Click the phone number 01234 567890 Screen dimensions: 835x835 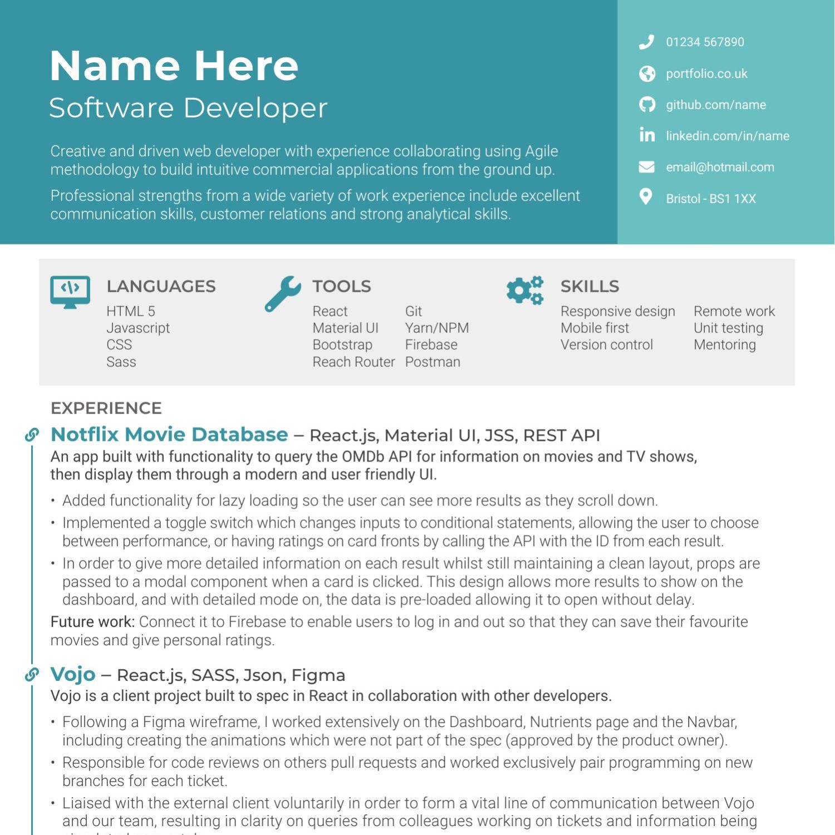[705, 42]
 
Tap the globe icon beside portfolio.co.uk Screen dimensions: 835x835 [647, 73]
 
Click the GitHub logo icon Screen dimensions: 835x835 [647, 105]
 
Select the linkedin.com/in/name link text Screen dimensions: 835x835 [727, 136]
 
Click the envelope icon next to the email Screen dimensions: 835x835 [646, 167]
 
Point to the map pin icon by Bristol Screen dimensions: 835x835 [646, 197]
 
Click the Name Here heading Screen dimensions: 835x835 [174, 66]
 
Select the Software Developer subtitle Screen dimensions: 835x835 [188, 108]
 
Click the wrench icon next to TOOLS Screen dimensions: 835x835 [283, 293]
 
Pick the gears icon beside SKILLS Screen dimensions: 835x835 [524, 290]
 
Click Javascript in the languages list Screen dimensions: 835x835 [138, 328]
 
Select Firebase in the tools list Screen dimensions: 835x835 [431, 345]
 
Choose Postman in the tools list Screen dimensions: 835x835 [433, 362]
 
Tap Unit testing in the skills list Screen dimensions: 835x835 [728, 328]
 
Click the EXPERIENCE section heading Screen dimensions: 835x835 [106, 408]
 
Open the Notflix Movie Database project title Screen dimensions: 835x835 [169, 434]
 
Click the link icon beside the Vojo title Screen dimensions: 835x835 [32, 675]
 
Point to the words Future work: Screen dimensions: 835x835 [92, 622]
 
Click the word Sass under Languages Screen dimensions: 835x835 [121, 362]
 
